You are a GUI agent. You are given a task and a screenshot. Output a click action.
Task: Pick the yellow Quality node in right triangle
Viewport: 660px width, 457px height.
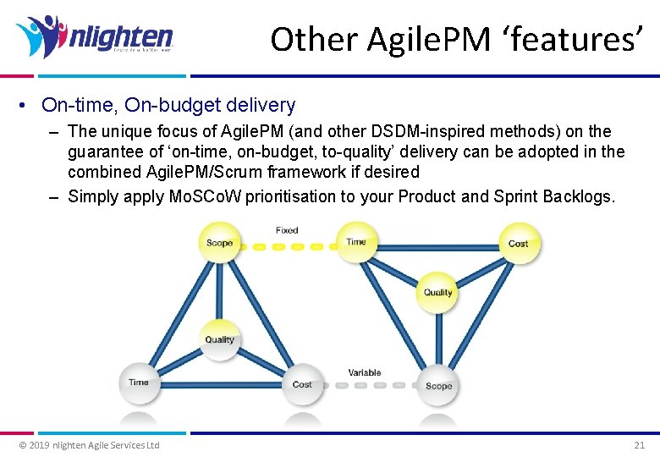coord(437,292)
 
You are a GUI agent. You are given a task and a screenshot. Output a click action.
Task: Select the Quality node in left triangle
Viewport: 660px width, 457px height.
coord(219,339)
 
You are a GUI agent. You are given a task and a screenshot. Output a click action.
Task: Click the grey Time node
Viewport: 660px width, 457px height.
coord(139,382)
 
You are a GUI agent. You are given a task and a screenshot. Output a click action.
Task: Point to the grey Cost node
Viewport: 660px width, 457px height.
coord(302,383)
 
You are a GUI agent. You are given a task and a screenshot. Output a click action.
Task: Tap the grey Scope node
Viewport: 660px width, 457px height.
coord(438,385)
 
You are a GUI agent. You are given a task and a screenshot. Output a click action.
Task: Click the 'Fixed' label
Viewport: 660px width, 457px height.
coord(287,230)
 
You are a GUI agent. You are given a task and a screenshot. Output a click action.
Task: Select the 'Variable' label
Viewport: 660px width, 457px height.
coord(365,372)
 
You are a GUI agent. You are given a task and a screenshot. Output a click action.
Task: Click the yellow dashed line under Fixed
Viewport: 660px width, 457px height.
coord(287,247)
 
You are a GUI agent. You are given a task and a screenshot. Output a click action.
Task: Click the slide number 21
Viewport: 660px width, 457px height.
coord(639,445)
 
